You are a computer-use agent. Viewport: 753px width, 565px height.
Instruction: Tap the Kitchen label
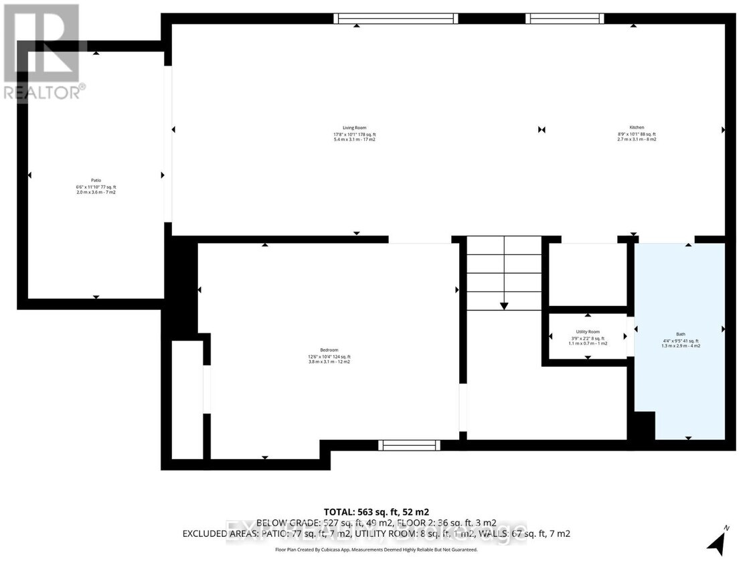pos(636,127)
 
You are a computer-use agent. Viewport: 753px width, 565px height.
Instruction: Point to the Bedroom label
pos(329,350)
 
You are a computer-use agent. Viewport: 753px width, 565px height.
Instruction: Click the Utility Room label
pos(588,332)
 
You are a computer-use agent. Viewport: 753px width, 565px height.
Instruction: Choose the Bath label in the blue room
pos(681,334)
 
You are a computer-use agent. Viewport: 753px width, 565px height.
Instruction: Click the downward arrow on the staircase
pos(504,305)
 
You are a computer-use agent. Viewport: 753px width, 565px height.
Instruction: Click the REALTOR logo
pos(41,51)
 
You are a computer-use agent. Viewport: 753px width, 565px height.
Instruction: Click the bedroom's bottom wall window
pos(409,445)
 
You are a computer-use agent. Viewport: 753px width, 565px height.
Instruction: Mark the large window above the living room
pos(396,19)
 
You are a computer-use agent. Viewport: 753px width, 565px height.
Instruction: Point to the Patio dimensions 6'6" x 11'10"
pos(96,187)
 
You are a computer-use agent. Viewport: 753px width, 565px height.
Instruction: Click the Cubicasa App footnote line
pos(376,550)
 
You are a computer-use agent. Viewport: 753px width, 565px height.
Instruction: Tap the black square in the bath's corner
pos(644,426)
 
